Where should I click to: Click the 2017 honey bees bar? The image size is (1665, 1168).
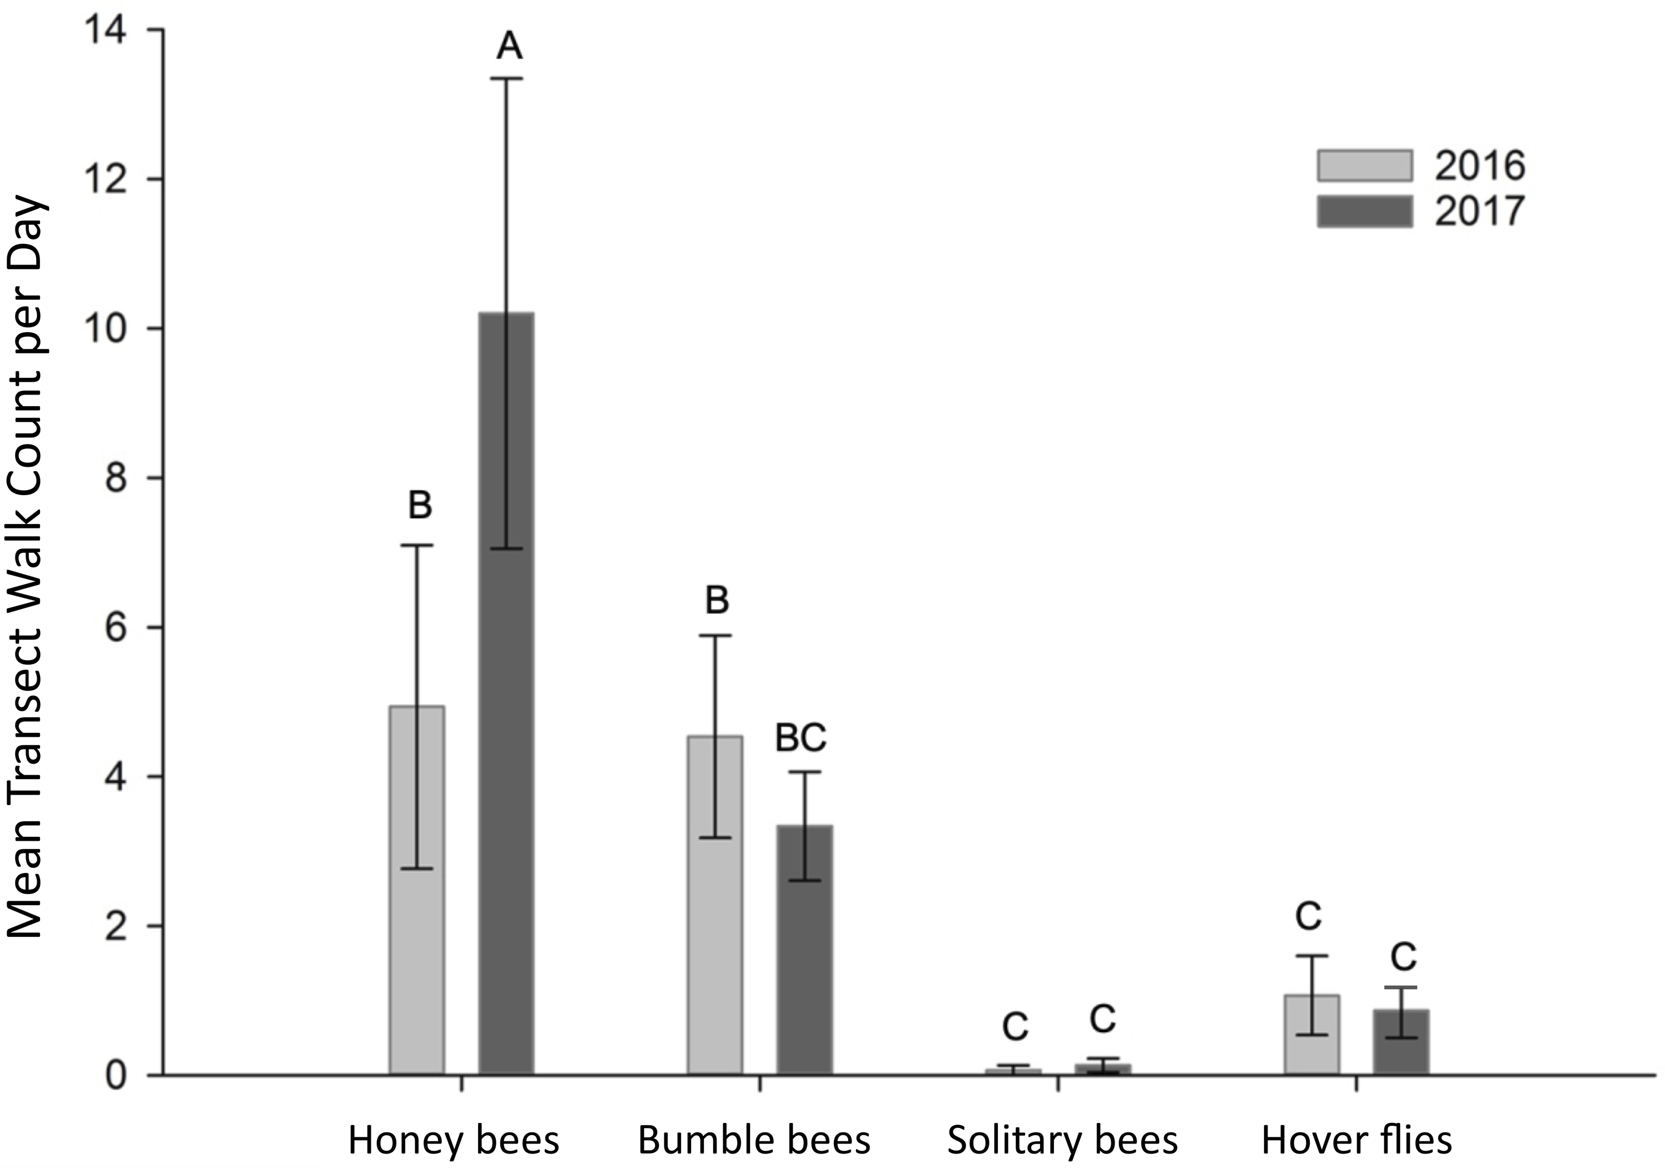pyautogui.click(x=506, y=696)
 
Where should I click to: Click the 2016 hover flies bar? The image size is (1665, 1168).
pyautogui.click(x=1311, y=1037)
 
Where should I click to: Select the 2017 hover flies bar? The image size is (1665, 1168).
pyautogui.click(x=1401, y=1044)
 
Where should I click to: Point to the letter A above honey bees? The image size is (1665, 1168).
pyautogui.click(x=509, y=47)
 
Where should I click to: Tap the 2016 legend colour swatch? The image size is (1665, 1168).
pyautogui.click(x=1365, y=165)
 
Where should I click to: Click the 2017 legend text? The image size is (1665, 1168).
pyautogui.click(x=1479, y=212)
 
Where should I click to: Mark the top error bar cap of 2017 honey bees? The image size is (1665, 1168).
pyautogui.click(x=506, y=78)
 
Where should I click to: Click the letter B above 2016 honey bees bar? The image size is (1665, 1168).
pyautogui.click(x=420, y=505)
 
